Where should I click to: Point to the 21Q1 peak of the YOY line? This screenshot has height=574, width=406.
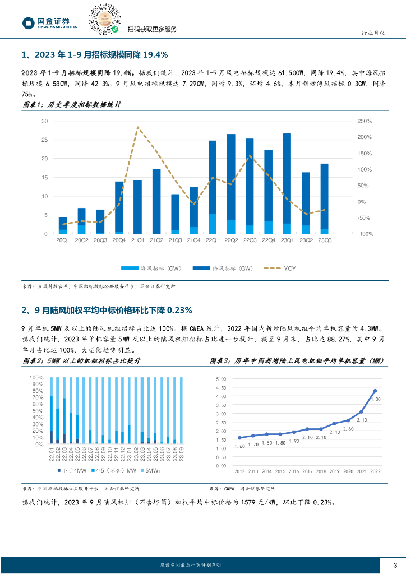point(137,127)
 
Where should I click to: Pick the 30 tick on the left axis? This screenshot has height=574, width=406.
point(44,121)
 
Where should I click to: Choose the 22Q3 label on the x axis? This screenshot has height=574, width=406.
point(250,240)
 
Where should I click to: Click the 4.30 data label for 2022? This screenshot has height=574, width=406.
point(376,399)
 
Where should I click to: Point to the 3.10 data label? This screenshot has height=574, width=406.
point(361,420)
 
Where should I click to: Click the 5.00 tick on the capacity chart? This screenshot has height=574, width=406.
point(221,379)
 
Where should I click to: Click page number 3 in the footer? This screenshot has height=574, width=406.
point(395,565)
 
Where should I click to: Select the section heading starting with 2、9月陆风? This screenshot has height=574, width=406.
point(107,310)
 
